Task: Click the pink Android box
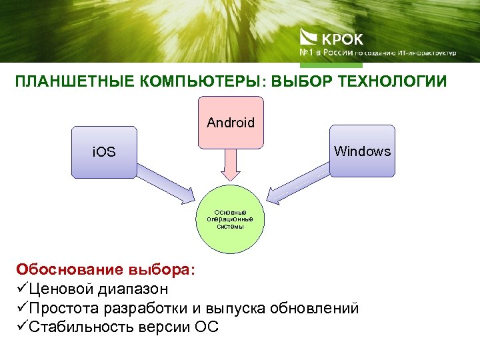pos(231,123)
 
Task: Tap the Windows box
pos(362,151)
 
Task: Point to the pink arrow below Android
pos(231,165)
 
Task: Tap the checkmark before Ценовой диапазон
pos(20,289)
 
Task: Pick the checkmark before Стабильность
pos(20,328)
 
